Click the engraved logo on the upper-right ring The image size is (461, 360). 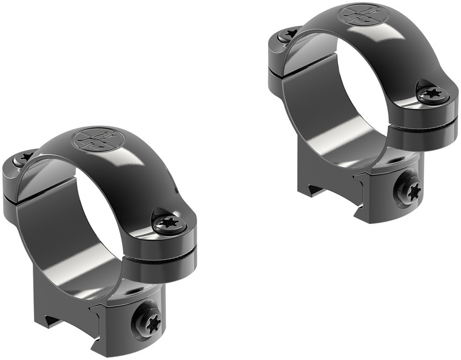click(x=361, y=16)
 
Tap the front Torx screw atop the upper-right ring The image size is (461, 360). click(x=433, y=93)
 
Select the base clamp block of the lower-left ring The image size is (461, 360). click(x=130, y=316)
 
